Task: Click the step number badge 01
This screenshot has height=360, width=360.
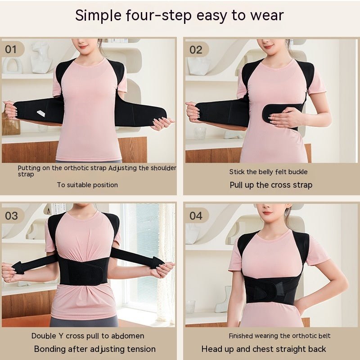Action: [x=11, y=49]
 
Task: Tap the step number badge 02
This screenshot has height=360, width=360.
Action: [x=196, y=49]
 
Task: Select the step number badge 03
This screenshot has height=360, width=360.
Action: [x=12, y=215]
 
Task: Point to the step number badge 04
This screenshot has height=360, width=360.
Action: [x=196, y=216]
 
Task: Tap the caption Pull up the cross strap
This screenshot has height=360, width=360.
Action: [x=271, y=185]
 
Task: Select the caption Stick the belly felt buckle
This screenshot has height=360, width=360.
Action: [x=268, y=171]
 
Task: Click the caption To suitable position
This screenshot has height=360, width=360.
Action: [x=87, y=184]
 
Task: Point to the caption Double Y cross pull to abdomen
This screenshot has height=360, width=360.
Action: [x=88, y=336]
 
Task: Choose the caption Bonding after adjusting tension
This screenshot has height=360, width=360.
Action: [x=94, y=349]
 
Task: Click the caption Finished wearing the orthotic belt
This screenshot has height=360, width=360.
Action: [x=279, y=336]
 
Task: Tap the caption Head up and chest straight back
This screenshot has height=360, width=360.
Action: [x=264, y=349]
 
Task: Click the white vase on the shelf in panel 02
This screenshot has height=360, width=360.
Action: [x=198, y=65]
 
